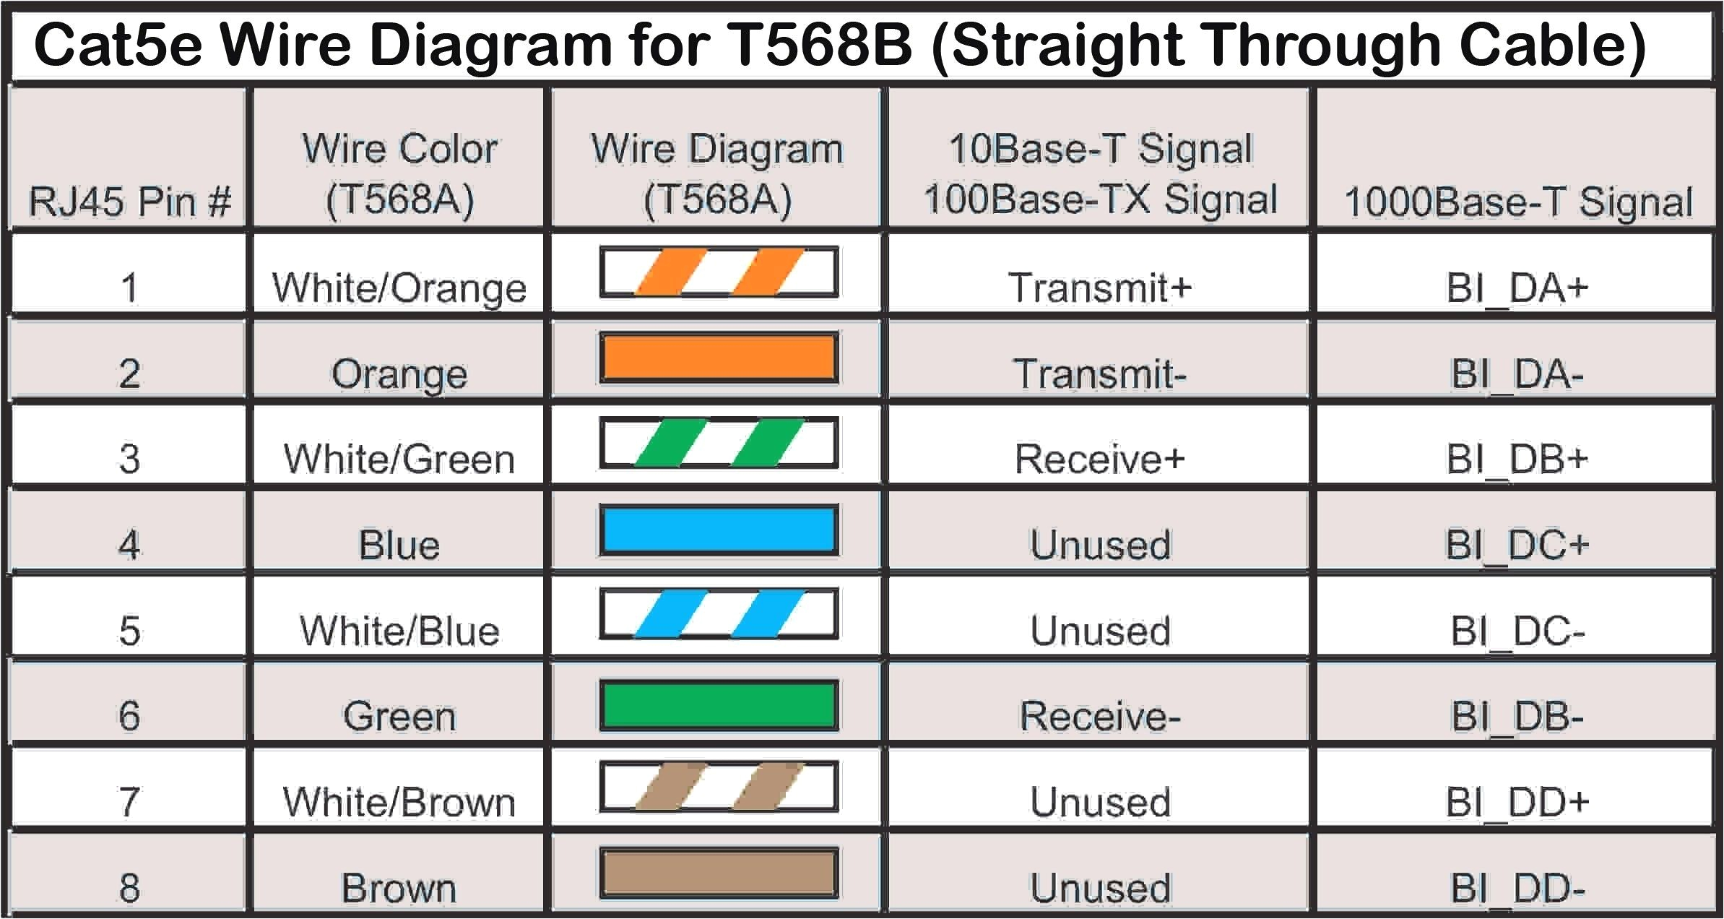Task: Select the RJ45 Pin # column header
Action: click(x=130, y=200)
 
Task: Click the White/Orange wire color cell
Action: click(x=399, y=288)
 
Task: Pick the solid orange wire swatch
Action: click(x=719, y=358)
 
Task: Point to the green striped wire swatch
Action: click(x=719, y=443)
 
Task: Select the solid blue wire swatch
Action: click(x=719, y=530)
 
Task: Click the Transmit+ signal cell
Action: click(x=1099, y=288)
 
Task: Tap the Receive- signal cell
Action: click(x=1099, y=716)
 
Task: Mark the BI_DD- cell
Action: click(x=1517, y=888)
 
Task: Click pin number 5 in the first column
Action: click(x=129, y=631)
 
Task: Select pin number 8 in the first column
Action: click(x=129, y=888)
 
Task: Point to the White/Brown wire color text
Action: click(x=399, y=802)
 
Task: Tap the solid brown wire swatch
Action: click(x=719, y=873)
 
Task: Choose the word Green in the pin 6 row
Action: click(x=399, y=716)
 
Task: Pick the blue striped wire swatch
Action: click(x=719, y=614)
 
